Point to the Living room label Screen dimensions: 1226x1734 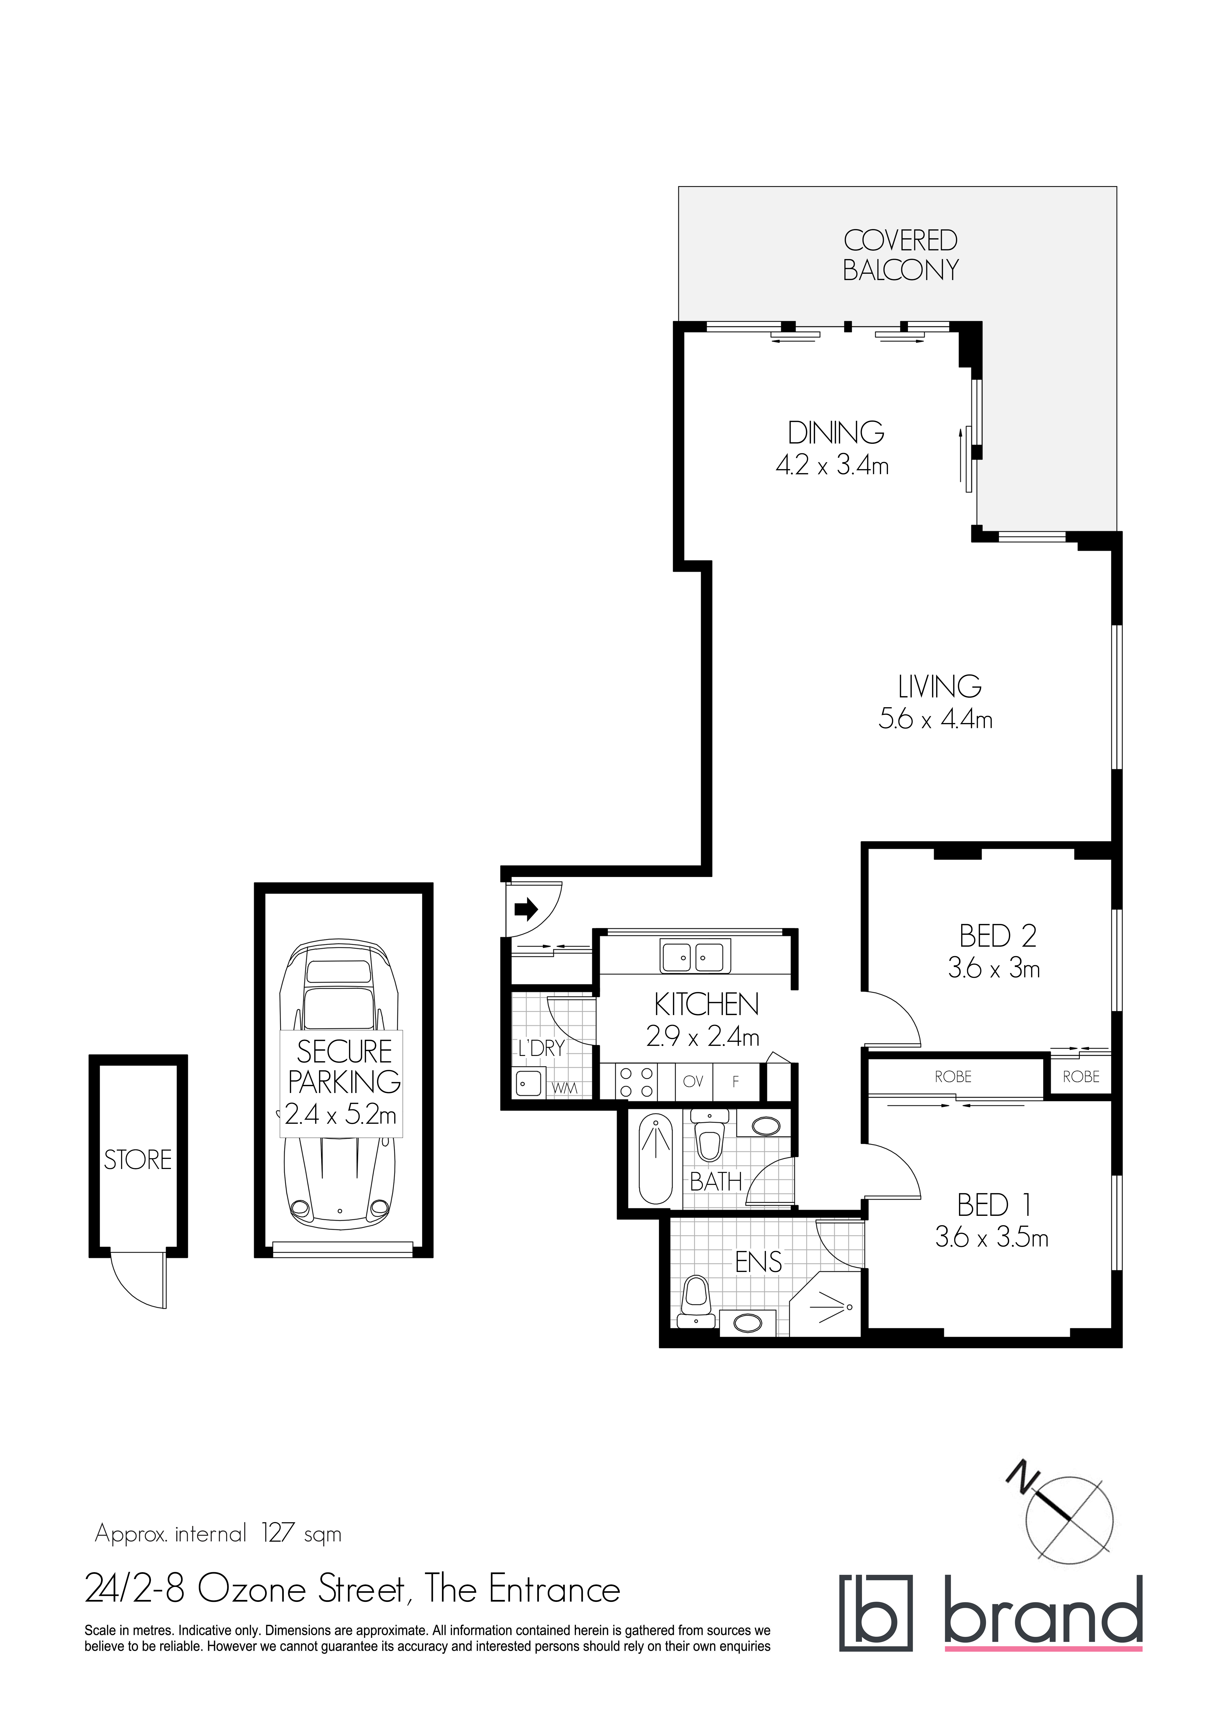(940, 687)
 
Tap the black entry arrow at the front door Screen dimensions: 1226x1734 (526, 909)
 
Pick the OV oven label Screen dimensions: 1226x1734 (693, 1082)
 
